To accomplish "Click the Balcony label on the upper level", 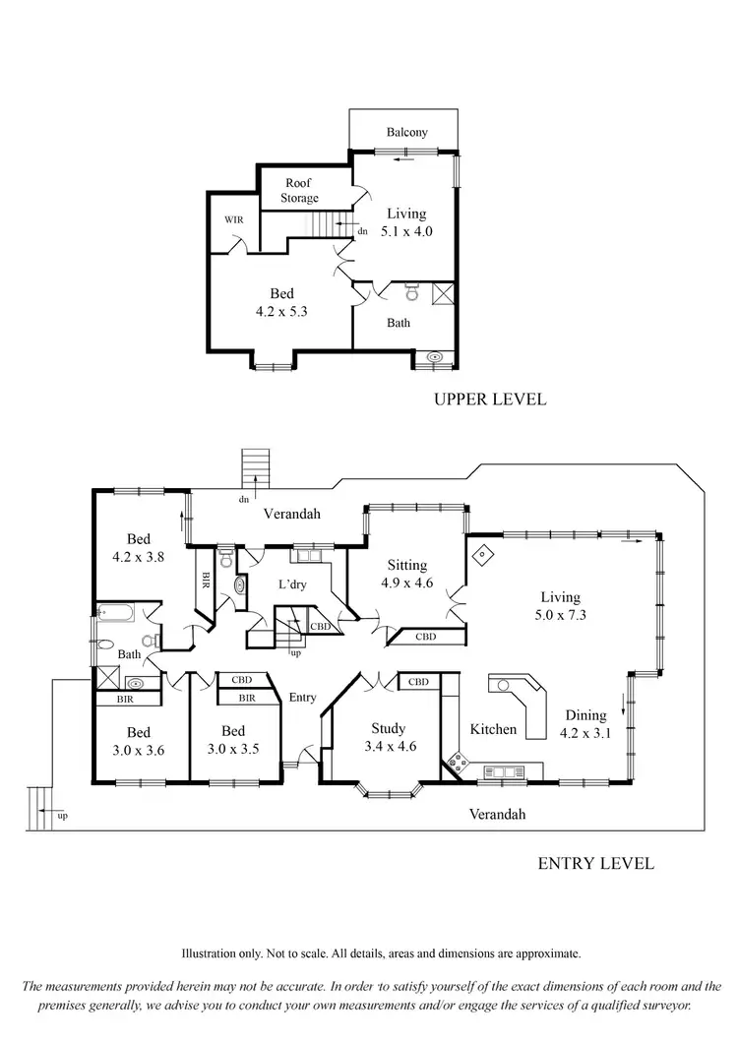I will (406, 132).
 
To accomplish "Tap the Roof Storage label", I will (301, 191).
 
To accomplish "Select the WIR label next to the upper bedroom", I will (233, 219).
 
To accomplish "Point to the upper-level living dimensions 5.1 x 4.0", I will (405, 231).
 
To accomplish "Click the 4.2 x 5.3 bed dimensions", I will (281, 311).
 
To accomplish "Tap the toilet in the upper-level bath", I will (412, 292).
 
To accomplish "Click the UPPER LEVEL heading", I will (490, 399).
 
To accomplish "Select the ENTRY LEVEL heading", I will (595, 864).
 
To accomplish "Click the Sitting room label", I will (406, 566).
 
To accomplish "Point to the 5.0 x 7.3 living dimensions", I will (559, 615).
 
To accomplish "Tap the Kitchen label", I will (493, 729).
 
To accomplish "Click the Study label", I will (388, 729).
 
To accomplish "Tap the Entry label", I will (303, 698).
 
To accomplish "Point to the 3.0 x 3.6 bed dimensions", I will (138, 750).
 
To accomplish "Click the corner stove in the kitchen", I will (459, 761).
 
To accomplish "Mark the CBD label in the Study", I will (418, 682).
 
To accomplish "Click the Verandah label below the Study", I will (497, 814).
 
